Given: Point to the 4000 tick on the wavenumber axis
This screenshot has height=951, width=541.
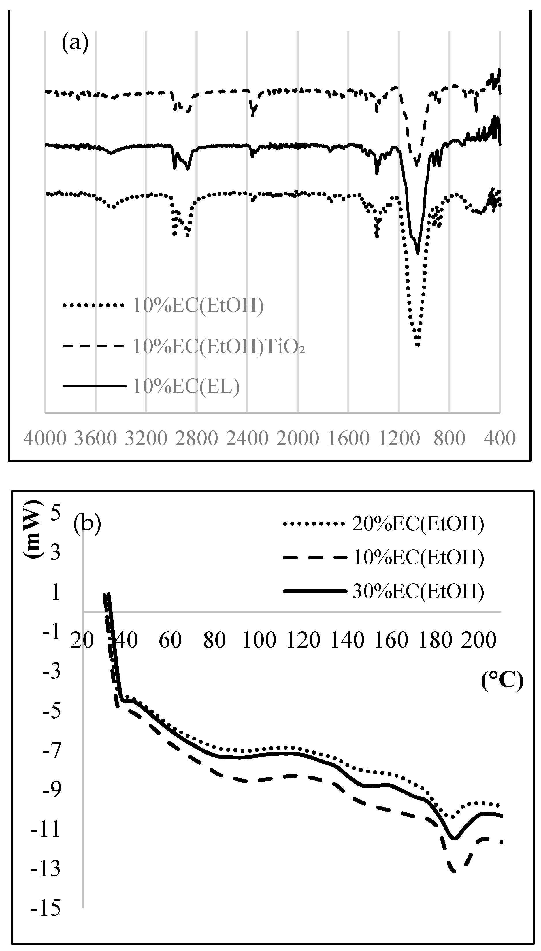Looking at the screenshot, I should [45, 438].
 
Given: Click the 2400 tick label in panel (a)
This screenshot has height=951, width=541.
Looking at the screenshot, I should [247, 438].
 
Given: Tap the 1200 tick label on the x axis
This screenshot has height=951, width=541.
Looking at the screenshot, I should [399, 438].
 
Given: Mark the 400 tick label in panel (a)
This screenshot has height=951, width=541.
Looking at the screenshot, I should [500, 438].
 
